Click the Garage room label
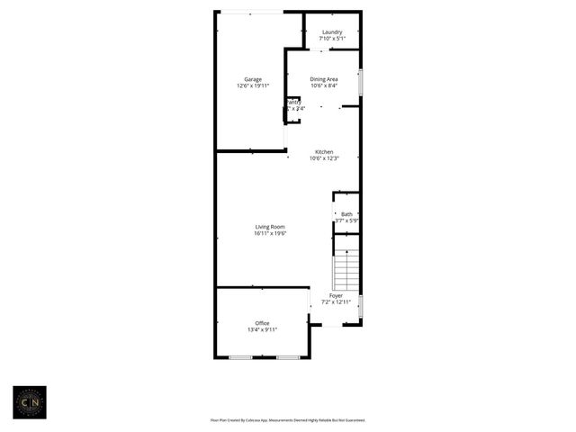253,79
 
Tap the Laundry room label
332,32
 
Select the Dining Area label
324,79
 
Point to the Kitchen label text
324,151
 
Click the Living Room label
270,227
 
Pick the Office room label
262,323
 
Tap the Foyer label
336,295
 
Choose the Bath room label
346,214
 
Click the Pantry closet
293,109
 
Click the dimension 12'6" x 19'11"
253,85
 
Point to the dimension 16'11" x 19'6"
270,233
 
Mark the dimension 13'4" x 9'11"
262,329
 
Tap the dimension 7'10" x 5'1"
332,39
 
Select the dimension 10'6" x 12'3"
324,158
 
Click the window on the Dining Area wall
361,83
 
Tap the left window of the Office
240,358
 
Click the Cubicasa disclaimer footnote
288,419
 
